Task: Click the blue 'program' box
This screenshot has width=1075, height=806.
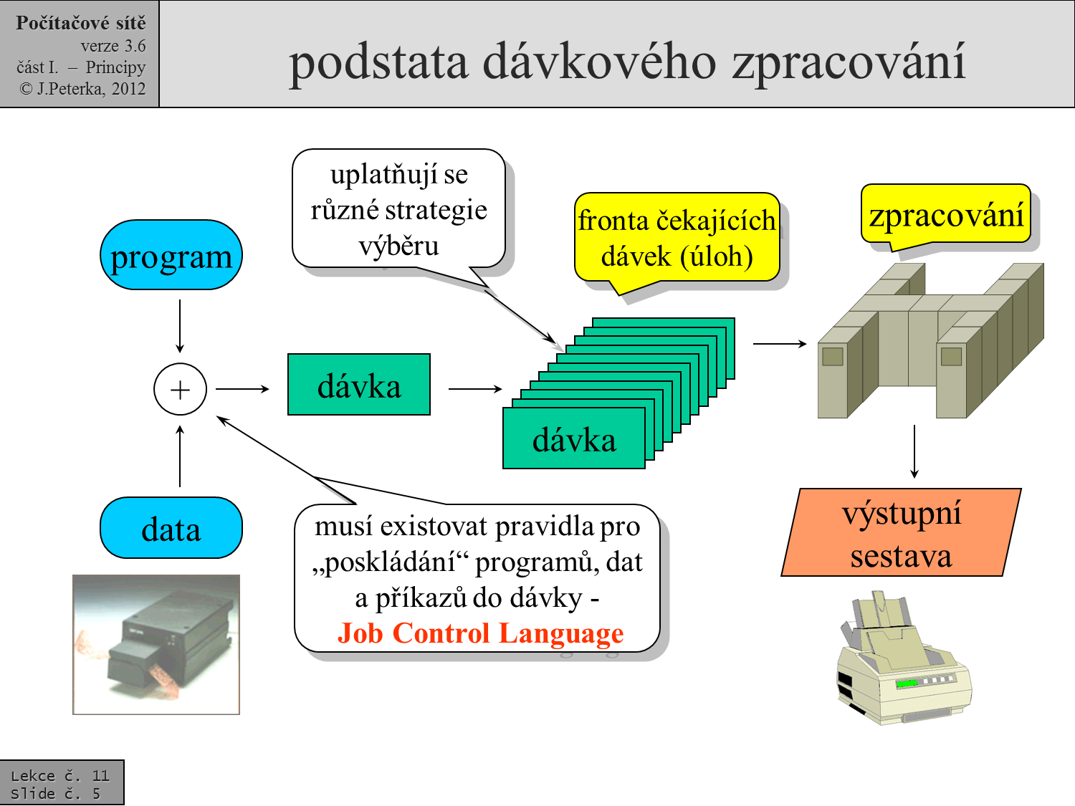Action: tap(171, 256)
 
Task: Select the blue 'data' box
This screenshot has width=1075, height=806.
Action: tap(171, 529)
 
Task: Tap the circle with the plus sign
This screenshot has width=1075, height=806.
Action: tap(180, 389)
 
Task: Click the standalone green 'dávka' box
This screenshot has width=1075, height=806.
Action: tap(359, 385)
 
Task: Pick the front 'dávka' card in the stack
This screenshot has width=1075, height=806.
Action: tap(574, 438)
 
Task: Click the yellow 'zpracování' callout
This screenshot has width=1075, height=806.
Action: tap(946, 214)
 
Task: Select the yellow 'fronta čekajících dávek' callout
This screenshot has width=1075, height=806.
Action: tap(677, 238)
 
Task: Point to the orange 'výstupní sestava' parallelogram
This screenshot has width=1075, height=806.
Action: tap(901, 533)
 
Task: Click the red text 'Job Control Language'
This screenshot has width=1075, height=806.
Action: tap(480, 633)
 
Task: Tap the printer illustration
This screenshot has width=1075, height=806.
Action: tap(903, 660)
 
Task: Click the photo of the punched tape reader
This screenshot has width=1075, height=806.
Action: tap(156, 644)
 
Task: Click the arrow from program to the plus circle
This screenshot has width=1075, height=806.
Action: tap(180, 326)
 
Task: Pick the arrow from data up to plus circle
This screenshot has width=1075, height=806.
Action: tap(180, 456)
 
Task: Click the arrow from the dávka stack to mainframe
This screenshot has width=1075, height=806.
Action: tap(780, 344)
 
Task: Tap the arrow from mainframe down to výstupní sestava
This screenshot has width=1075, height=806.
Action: tap(914, 451)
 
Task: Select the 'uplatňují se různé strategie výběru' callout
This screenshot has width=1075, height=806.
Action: tap(398, 209)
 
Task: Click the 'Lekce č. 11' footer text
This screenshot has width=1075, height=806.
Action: tap(60, 775)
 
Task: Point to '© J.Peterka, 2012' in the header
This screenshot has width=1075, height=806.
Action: tap(82, 89)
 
